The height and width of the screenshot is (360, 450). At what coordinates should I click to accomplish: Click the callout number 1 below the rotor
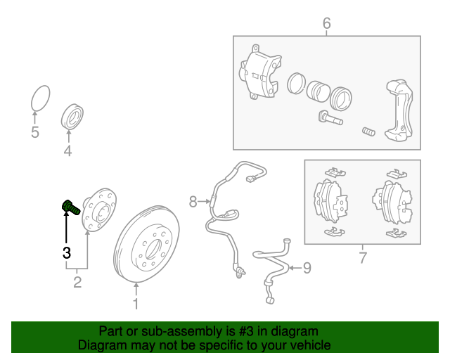click(x=136, y=304)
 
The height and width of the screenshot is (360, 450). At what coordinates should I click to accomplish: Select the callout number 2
click(x=77, y=283)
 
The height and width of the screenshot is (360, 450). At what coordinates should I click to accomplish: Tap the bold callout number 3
click(x=67, y=252)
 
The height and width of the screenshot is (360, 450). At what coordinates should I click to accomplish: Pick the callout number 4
click(x=67, y=150)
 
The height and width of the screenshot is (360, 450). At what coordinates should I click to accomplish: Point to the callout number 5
click(x=35, y=132)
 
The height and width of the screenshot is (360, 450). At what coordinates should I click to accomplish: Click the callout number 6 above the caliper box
click(x=326, y=25)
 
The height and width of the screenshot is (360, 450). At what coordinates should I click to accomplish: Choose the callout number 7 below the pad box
click(x=363, y=258)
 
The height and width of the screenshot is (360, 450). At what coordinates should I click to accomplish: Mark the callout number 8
click(x=193, y=202)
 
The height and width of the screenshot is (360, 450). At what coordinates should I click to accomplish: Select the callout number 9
click(x=306, y=267)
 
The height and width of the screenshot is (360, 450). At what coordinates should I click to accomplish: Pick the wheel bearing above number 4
click(x=72, y=115)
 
